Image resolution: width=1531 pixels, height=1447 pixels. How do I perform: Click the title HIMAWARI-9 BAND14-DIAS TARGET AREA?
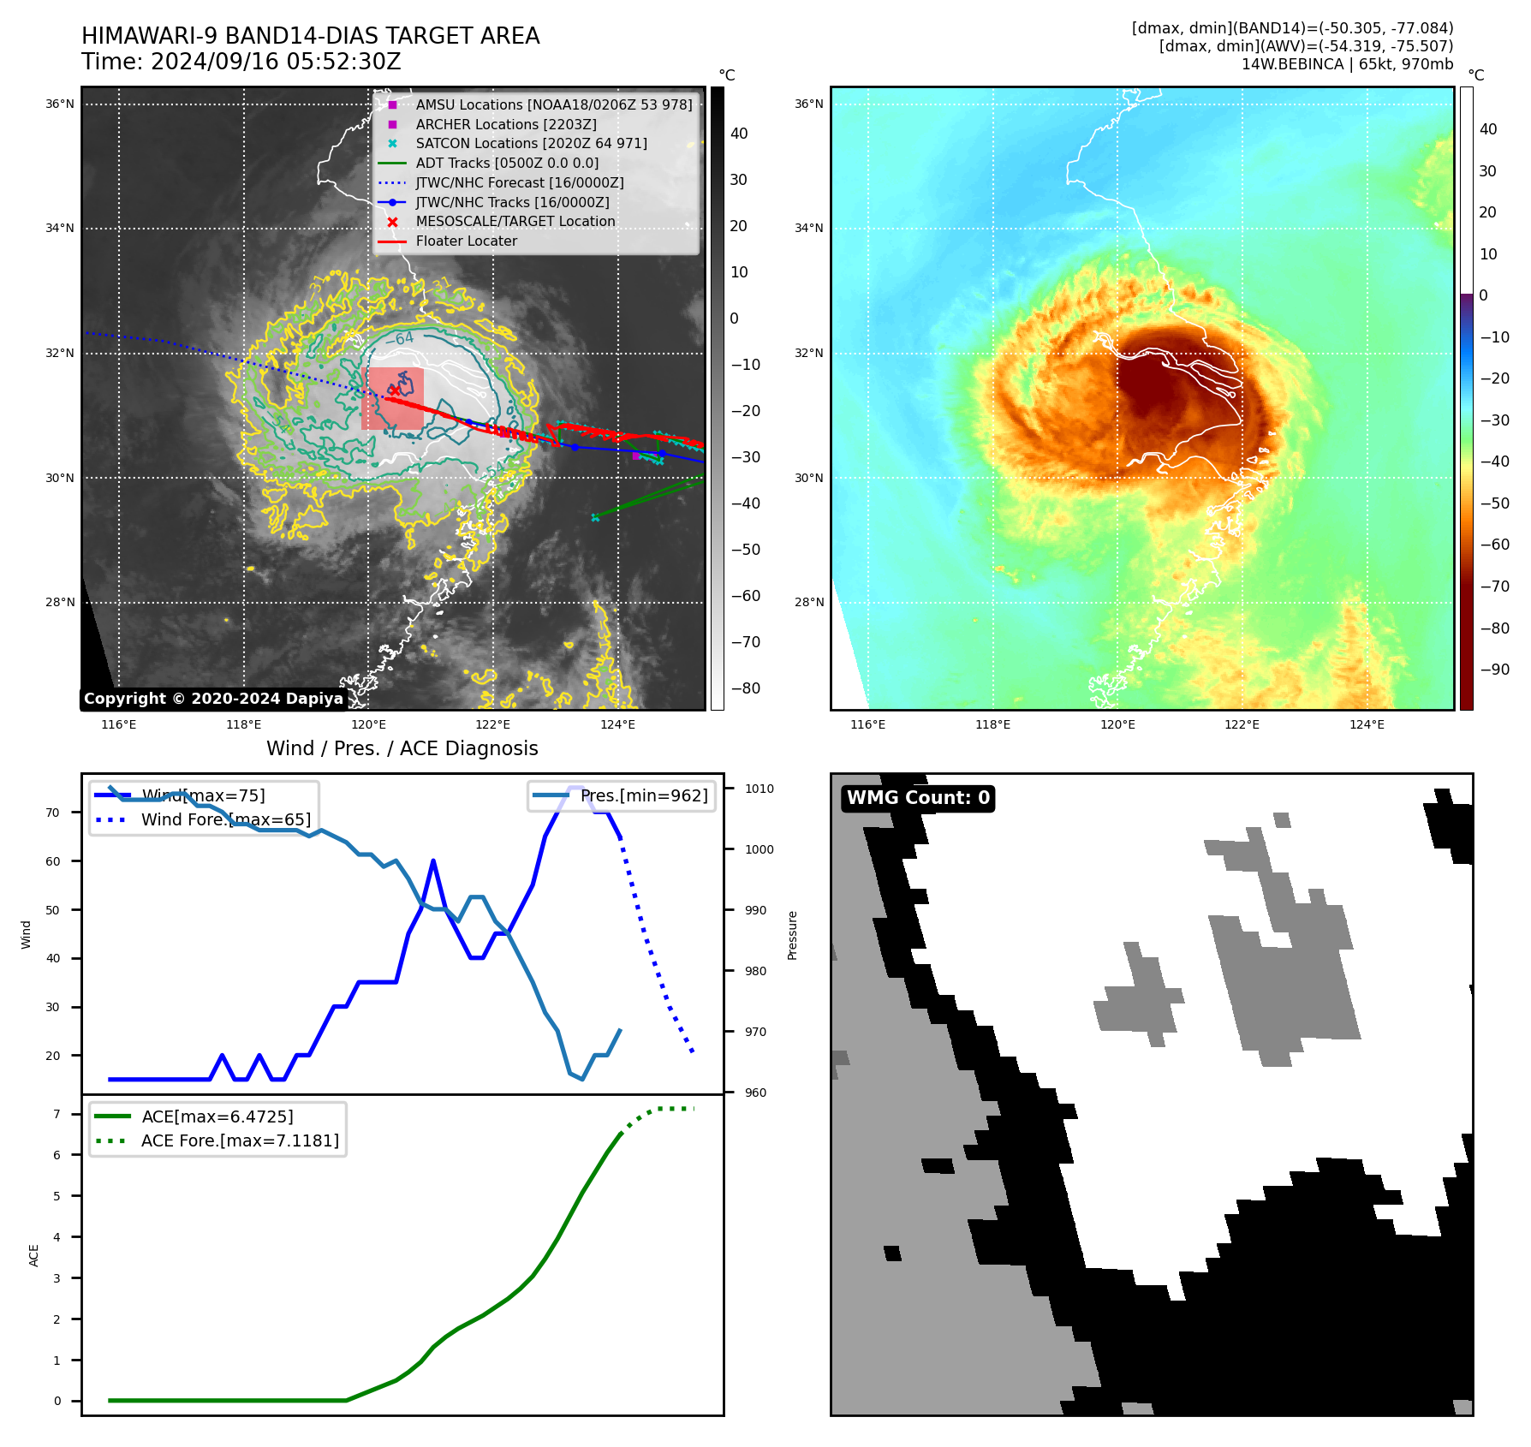[x=310, y=36]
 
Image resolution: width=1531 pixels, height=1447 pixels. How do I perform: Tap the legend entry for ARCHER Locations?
[x=505, y=124]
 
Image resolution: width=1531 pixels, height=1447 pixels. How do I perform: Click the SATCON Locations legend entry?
[x=531, y=143]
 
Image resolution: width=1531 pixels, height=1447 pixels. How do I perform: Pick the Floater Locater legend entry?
[x=466, y=241]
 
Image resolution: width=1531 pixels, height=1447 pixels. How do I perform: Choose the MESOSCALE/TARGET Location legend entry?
[x=515, y=221]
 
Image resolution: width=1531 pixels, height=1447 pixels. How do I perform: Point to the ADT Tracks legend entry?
[x=507, y=163]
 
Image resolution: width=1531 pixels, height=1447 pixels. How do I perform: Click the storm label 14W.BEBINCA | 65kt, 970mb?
[x=1347, y=64]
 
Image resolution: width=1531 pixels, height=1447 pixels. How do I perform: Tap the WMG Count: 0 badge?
[x=918, y=798]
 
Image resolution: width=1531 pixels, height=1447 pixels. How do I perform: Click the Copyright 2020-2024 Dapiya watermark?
[x=213, y=699]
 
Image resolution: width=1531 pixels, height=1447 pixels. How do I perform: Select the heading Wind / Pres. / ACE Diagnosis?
[x=402, y=748]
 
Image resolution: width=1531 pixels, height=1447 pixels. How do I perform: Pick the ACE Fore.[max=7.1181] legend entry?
[x=240, y=1140]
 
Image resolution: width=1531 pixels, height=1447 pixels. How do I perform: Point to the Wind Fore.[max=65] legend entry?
[x=226, y=819]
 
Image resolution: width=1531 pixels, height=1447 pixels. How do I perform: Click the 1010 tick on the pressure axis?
[x=759, y=789]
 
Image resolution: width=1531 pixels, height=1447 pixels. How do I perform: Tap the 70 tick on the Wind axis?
[x=53, y=813]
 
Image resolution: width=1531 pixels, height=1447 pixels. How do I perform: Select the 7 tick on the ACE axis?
[x=57, y=1114]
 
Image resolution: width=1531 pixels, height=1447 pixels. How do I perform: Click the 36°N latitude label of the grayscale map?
[x=60, y=104]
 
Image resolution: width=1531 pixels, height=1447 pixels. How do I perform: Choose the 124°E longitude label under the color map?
[x=1367, y=724]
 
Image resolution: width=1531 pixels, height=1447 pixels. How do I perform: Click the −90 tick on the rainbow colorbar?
[x=1495, y=670]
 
